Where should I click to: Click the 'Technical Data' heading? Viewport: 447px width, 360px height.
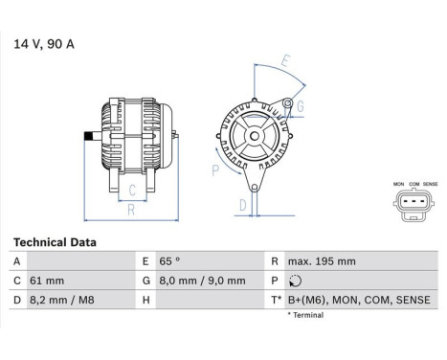click(55, 243)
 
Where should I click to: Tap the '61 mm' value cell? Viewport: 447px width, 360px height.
click(48, 281)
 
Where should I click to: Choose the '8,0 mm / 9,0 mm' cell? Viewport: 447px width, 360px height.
click(202, 281)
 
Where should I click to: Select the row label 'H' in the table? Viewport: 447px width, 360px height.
click(145, 301)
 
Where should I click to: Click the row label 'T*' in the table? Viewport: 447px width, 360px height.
click(276, 301)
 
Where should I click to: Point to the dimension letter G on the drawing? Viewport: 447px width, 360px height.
click(300, 104)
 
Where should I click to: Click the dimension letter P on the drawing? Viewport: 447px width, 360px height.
click(215, 170)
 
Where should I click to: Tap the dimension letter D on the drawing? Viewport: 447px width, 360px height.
click(243, 204)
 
